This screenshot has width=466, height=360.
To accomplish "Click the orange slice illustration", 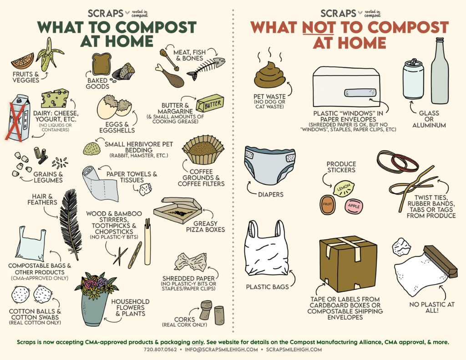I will click(23, 61).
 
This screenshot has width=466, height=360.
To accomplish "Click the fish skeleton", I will click(206, 67).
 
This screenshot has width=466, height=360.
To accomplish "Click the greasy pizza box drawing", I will click(177, 210).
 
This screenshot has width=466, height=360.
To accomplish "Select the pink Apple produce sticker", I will click(354, 206).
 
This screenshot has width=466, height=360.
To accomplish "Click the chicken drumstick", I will click(169, 76).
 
